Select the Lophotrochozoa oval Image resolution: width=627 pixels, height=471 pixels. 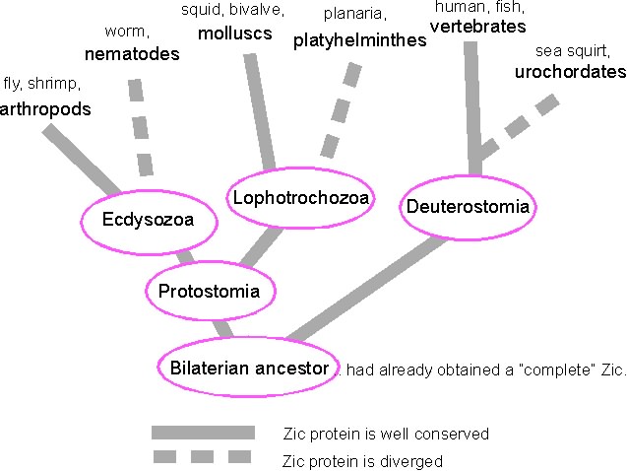click(x=300, y=199)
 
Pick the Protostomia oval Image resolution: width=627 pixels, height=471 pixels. click(x=209, y=291)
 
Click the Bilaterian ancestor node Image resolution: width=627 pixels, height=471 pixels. click(x=248, y=368)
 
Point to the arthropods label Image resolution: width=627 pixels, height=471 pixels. click(x=46, y=108)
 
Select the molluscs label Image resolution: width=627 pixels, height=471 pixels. click(x=234, y=34)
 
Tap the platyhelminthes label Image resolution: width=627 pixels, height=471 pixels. click(x=359, y=40)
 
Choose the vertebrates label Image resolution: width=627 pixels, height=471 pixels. click(x=478, y=27)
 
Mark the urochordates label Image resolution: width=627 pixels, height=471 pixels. click(x=570, y=71)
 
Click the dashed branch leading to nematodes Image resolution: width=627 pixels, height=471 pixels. click(x=140, y=127)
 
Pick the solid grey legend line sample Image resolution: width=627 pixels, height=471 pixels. click(x=203, y=433)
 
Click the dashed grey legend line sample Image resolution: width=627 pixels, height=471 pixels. click(x=203, y=456)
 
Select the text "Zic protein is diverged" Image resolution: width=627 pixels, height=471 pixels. click(x=362, y=460)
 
